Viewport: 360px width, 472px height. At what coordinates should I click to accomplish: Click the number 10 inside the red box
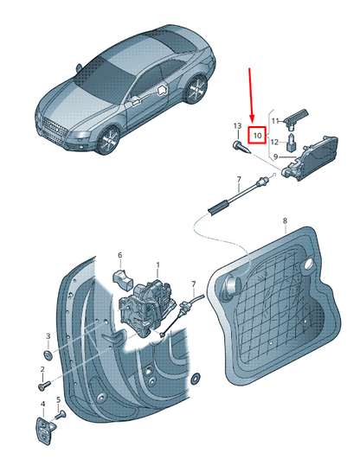[x=258, y=136]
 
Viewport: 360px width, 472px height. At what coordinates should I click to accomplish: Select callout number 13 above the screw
[x=237, y=125]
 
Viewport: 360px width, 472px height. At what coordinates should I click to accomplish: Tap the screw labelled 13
[x=241, y=148]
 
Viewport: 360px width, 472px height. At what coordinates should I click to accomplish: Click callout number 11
[x=275, y=121]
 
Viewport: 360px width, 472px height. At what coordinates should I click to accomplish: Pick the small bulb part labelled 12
[x=291, y=144]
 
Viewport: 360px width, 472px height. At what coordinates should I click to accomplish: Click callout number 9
[x=275, y=156]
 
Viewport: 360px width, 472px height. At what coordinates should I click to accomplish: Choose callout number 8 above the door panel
[x=285, y=220]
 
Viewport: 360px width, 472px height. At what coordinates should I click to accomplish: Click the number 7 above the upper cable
[x=239, y=180]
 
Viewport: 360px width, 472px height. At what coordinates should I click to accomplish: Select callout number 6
[x=120, y=255]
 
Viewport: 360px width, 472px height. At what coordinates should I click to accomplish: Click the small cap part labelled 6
[x=123, y=279]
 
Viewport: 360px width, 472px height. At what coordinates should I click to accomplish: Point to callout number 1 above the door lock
[x=157, y=265]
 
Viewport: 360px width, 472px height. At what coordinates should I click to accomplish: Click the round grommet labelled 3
[x=48, y=355]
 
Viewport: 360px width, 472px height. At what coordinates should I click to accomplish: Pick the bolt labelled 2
[x=44, y=386]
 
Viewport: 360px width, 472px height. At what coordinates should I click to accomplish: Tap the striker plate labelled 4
[x=46, y=430]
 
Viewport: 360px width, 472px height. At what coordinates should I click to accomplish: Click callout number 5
[x=59, y=399]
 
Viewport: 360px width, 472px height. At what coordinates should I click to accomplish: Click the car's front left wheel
[x=108, y=139]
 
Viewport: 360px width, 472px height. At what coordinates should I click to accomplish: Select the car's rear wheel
[x=196, y=88]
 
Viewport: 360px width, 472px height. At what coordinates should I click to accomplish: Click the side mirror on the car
[x=79, y=68]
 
